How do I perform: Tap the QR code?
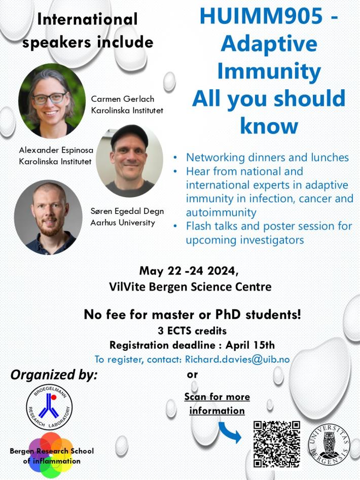click(276, 444)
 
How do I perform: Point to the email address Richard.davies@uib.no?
click(237, 359)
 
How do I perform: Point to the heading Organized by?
click(53, 375)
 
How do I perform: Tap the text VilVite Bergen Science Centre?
click(190, 286)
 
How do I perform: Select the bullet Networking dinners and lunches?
click(267, 157)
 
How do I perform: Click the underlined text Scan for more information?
click(217, 403)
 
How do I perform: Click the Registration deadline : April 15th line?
click(192, 345)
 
